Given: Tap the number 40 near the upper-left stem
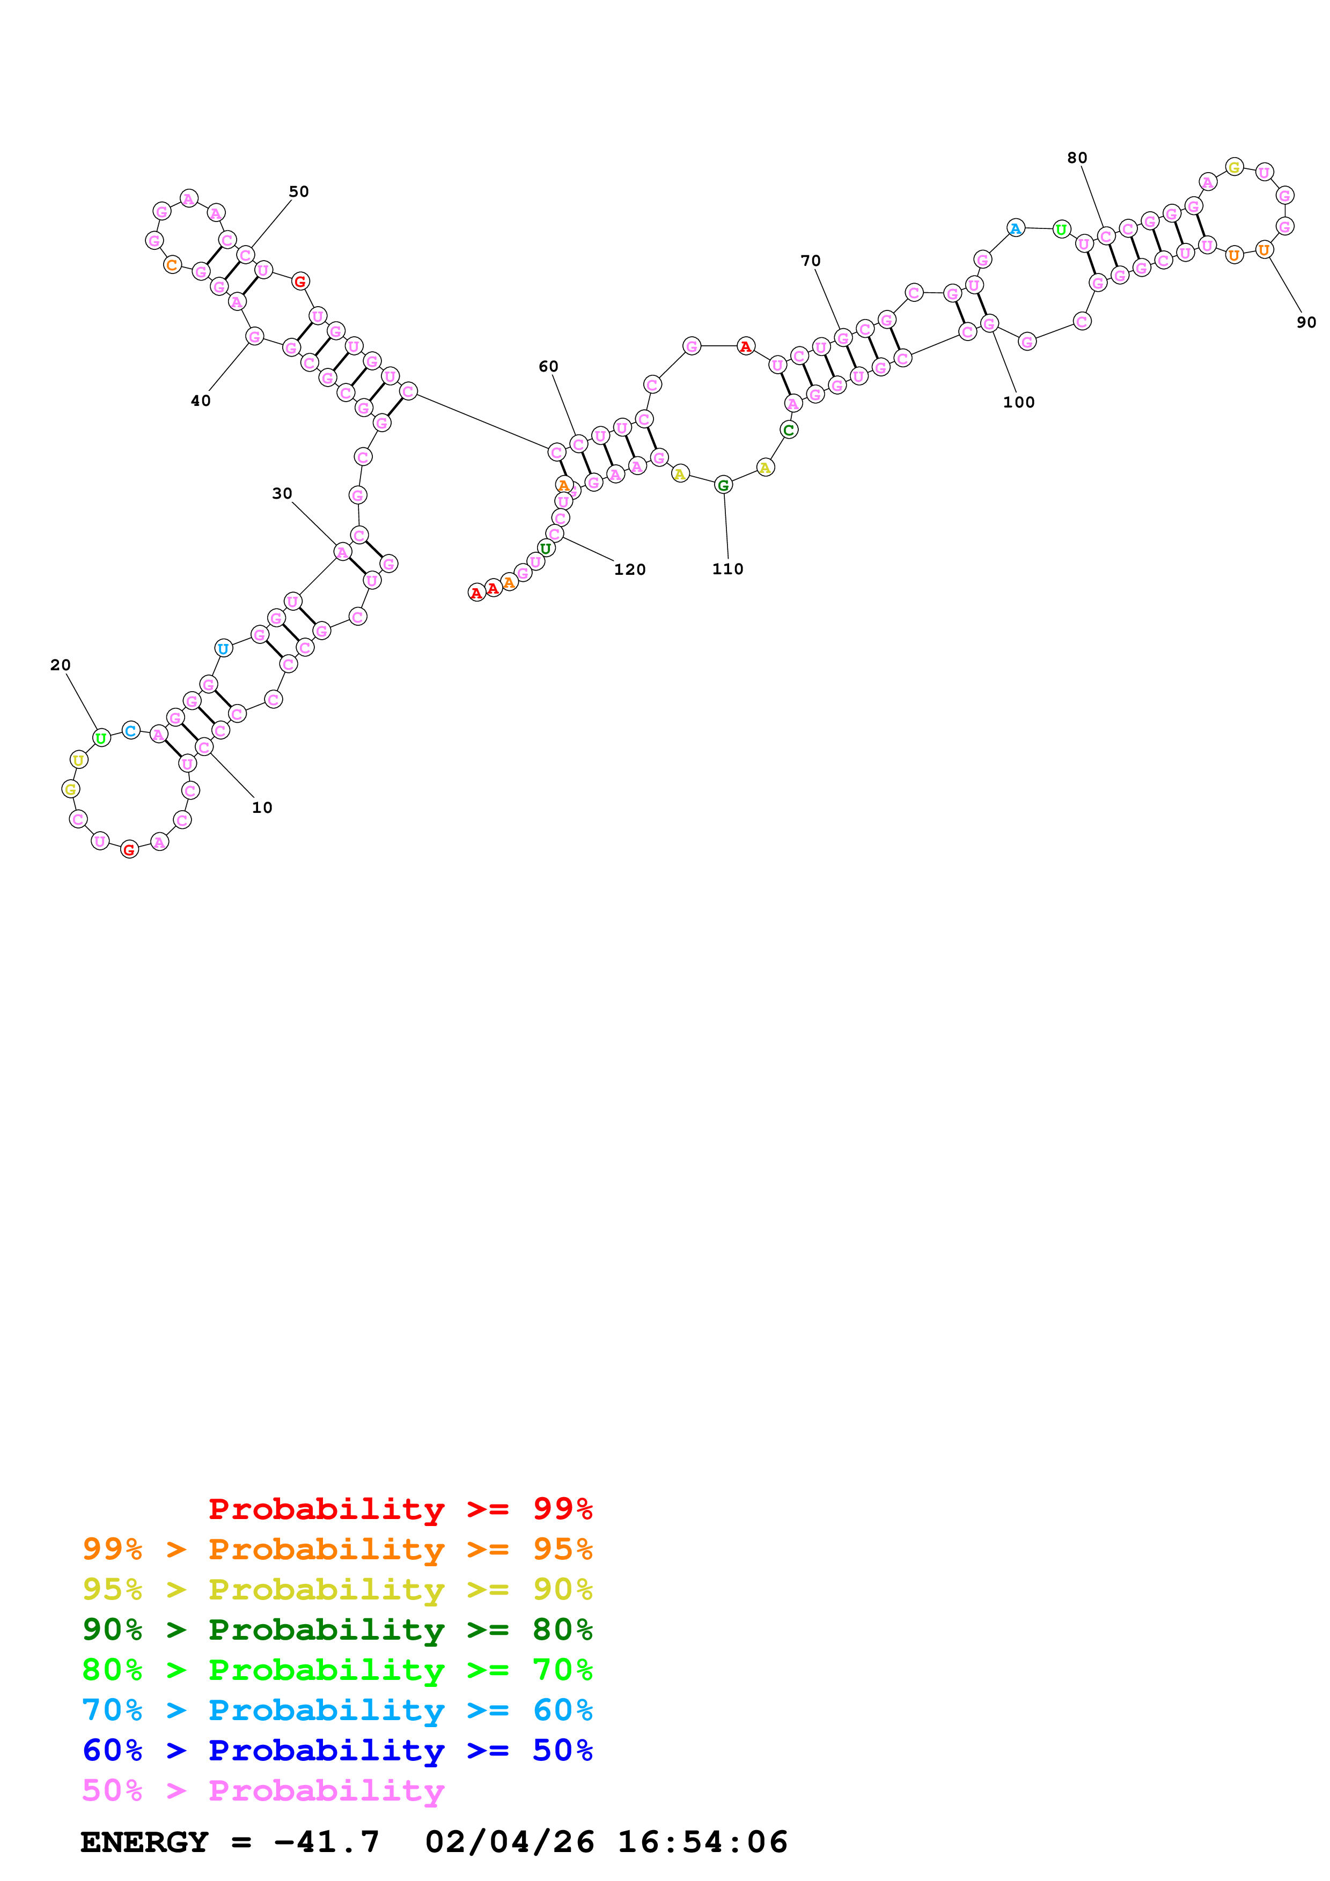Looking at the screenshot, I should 201,401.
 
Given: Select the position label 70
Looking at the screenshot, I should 811,261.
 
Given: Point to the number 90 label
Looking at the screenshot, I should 1306,323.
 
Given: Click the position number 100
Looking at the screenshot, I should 1019,402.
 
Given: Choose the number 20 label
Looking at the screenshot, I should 61,665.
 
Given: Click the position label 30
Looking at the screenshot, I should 282,493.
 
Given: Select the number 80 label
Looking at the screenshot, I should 1077,158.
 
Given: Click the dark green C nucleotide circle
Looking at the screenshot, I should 788,430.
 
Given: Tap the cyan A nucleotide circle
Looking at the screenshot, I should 1015,228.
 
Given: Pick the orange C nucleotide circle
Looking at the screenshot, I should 171,265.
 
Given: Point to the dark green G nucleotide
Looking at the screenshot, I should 723,486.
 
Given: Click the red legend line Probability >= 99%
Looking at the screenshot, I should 400,1509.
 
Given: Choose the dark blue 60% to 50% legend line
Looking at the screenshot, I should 337,1751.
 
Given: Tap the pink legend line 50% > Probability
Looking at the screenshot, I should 263,1791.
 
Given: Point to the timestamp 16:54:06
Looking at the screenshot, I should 702,1842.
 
